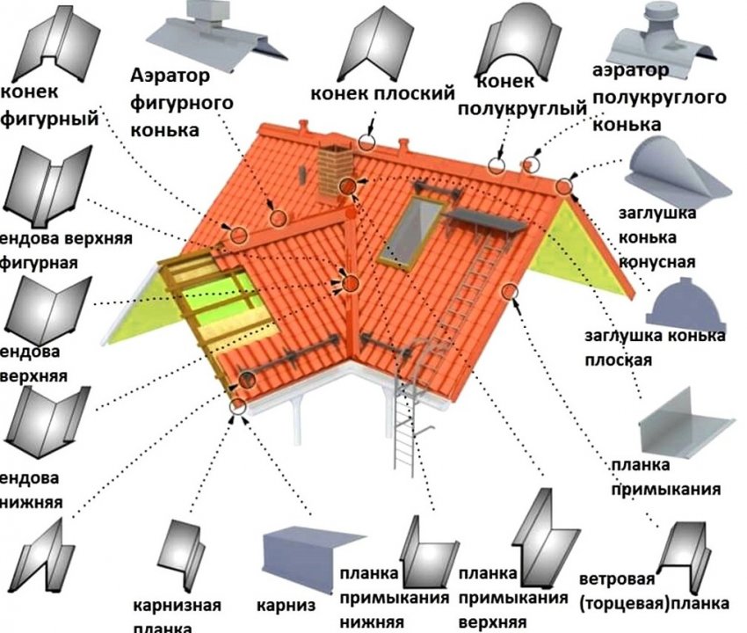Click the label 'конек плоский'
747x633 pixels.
pyautogui.click(x=381, y=92)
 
